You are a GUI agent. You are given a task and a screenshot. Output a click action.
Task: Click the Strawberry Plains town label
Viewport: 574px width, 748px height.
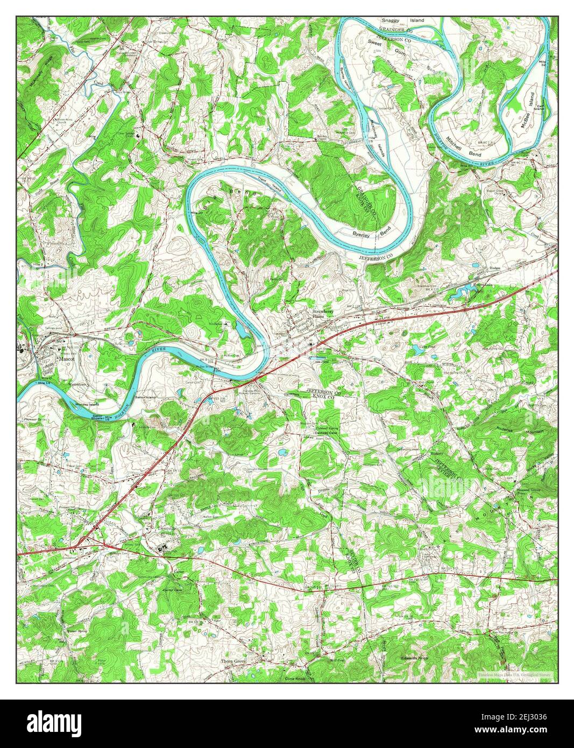pos(323,314)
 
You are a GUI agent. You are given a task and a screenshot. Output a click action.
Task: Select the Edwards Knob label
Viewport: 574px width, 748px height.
pos(414,658)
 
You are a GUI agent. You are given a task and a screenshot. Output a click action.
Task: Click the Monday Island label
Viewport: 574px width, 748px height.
pos(87,404)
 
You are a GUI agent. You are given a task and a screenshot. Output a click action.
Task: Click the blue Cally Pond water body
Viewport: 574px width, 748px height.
pos(417,351)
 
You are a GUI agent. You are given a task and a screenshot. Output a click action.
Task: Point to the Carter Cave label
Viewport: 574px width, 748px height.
pos(174,590)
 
